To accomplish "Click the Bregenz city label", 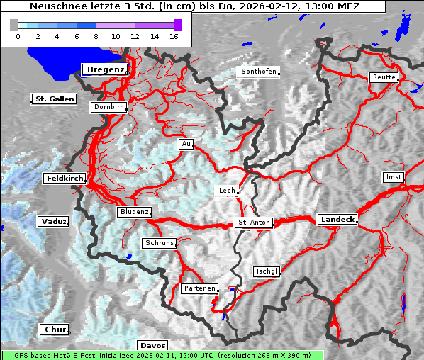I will tap(106, 69).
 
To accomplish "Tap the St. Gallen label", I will tap(54, 99).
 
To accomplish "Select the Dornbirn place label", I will tap(109, 108).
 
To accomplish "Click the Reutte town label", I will tap(383, 77).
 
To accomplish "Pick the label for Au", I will tap(186, 144).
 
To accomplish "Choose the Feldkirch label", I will tap(65, 179).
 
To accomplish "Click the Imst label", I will tap(392, 176).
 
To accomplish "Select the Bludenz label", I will tap(134, 212).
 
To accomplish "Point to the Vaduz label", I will tap(53, 222).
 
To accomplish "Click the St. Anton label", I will tap(253, 223).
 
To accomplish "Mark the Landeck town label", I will tap(337, 220).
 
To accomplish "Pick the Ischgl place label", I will tap(267, 271).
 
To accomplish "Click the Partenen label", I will tap(199, 288).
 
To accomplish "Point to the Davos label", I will tap(153, 345).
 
